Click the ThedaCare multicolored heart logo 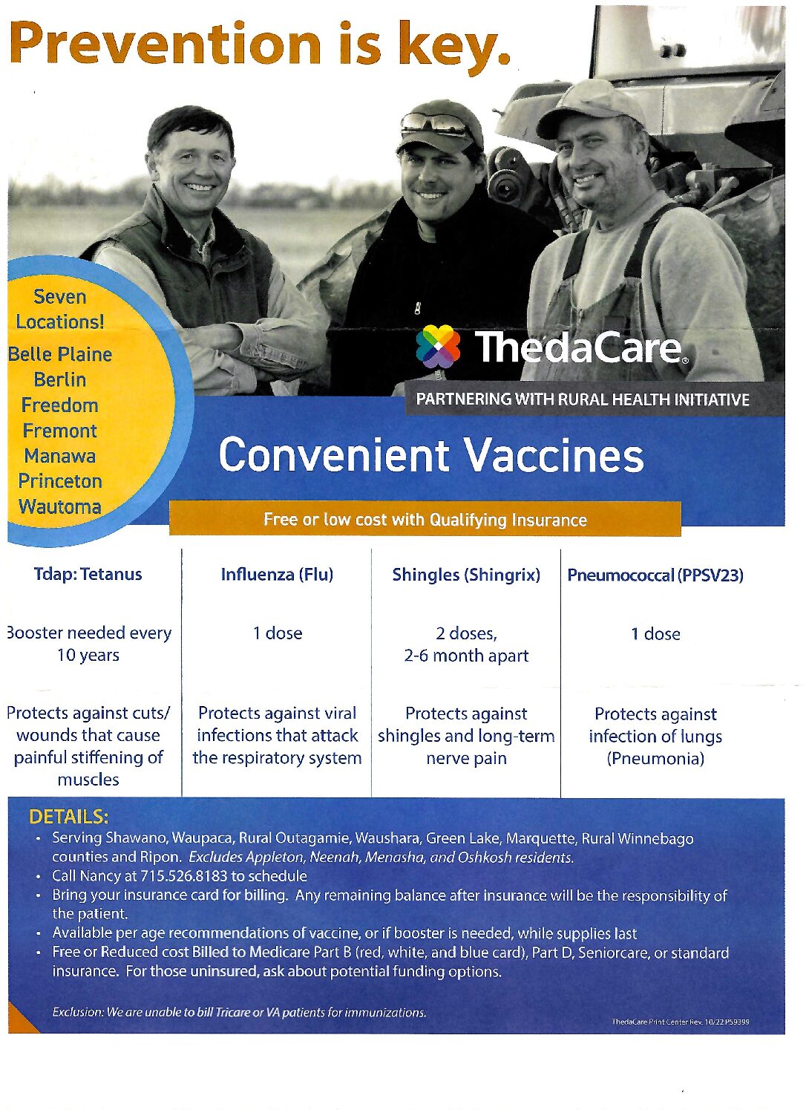click(x=438, y=347)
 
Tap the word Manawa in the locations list click(x=60, y=456)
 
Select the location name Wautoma click(x=60, y=506)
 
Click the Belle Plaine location click(x=60, y=354)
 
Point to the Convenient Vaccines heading click(x=431, y=455)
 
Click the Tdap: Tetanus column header click(x=88, y=574)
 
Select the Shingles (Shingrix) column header click(x=466, y=575)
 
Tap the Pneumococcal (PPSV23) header click(x=655, y=575)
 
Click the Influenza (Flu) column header click(x=277, y=575)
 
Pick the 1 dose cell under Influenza click(x=278, y=633)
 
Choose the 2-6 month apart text click(x=466, y=656)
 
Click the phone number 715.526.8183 click(x=184, y=876)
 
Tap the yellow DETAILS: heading click(x=68, y=817)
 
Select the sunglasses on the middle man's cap click(x=434, y=123)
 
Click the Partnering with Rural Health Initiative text click(x=583, y=399)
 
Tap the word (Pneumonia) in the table click(x=655, y=759)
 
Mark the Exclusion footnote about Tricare click(x=239, y=1013)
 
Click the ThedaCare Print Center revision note click(x=680, y=1022)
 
